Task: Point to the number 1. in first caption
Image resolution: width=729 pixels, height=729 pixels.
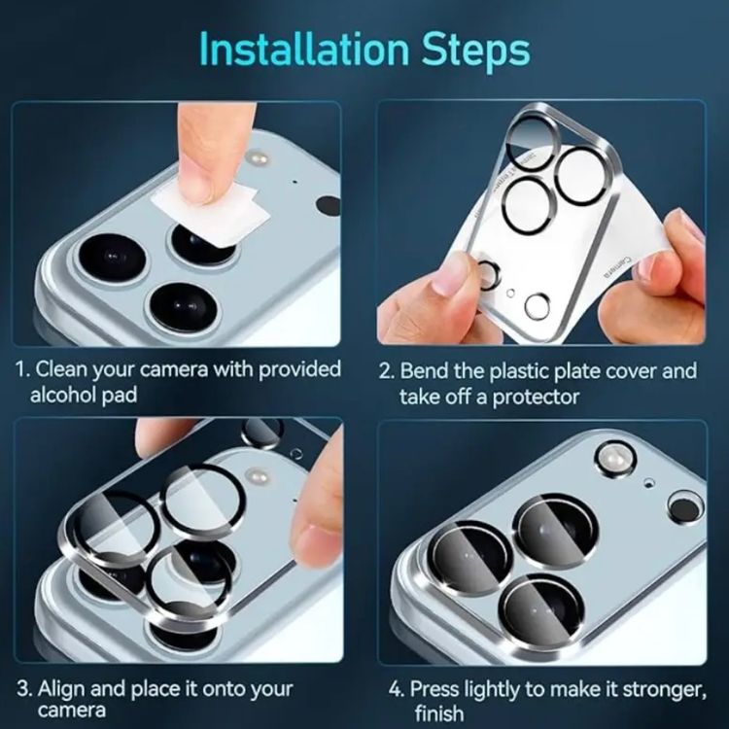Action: click(23, 370)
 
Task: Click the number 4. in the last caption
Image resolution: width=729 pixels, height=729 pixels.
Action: click(396, 688)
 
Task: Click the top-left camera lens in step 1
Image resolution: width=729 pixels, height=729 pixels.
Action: click(112, 260)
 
